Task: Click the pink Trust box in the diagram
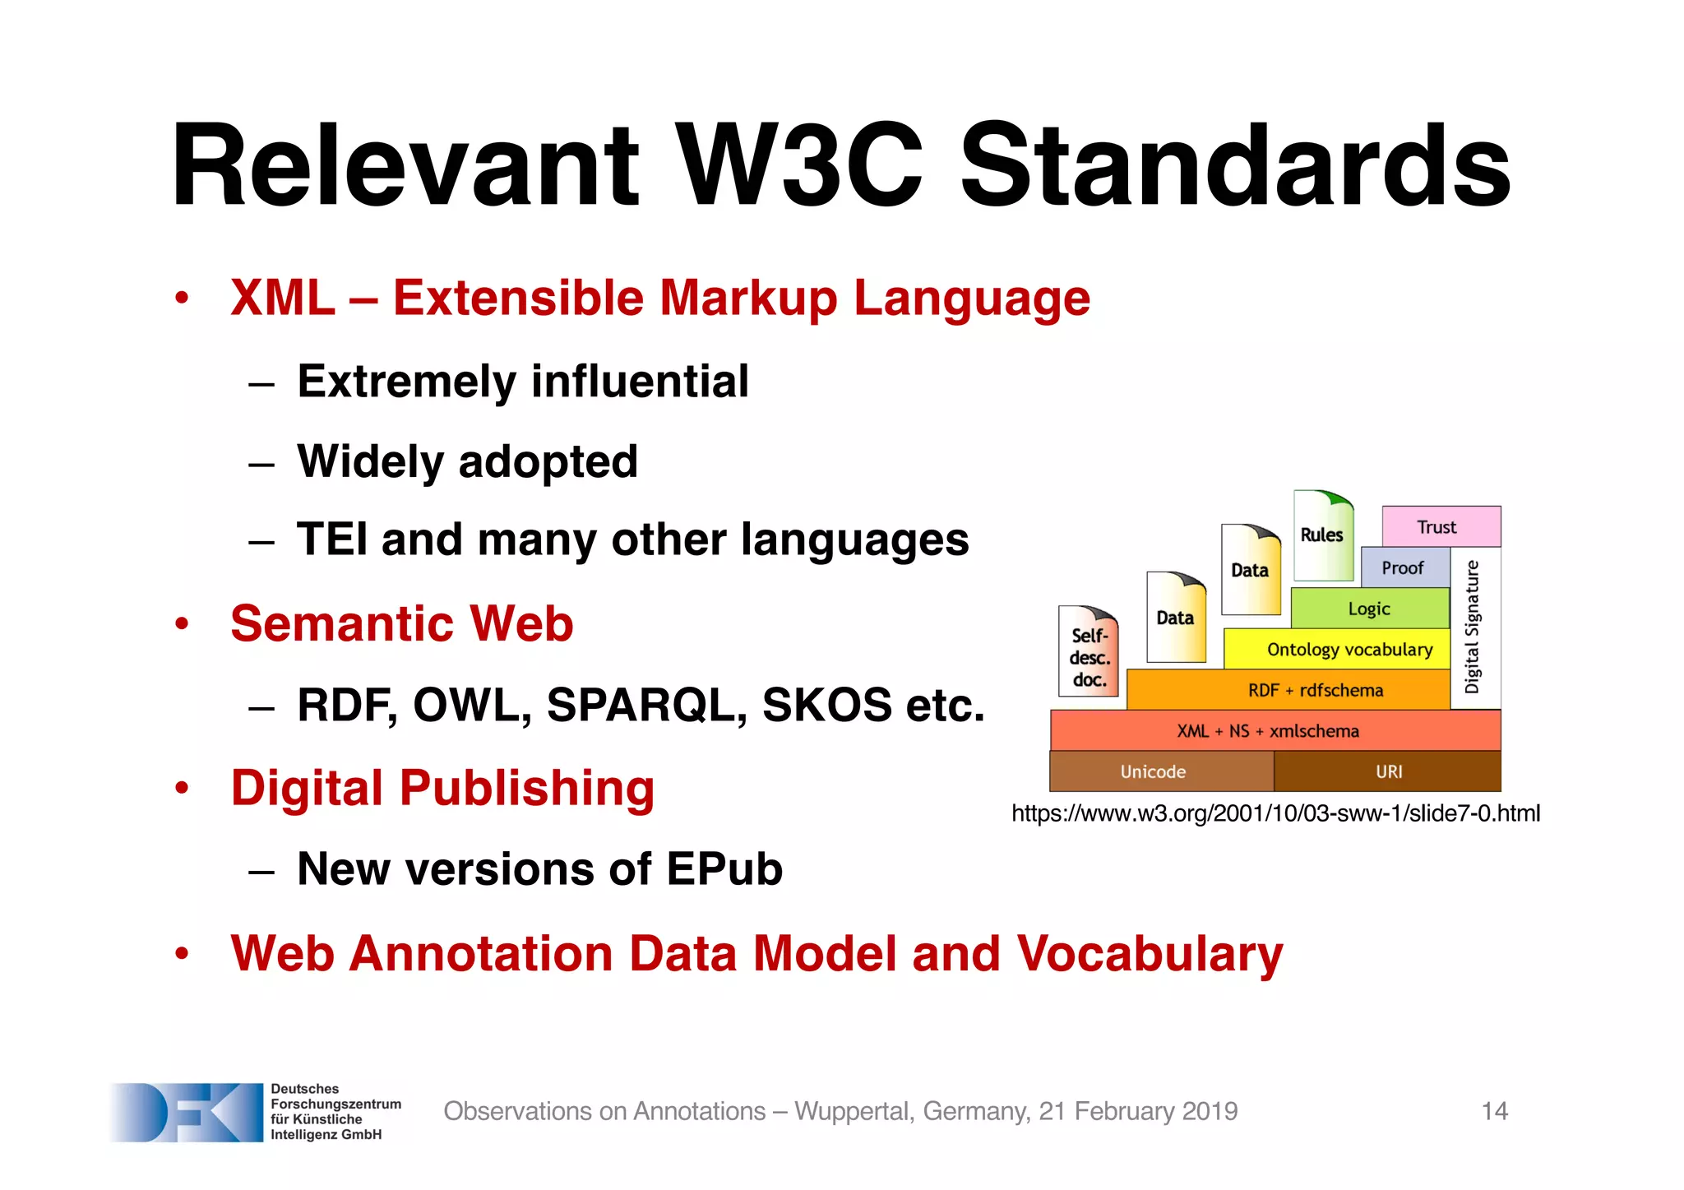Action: [x=1441, y=527]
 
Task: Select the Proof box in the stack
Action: [x=1403, y=568]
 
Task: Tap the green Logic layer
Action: [x=1369, y=609]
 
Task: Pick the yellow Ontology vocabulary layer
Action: [x=1349, y=650]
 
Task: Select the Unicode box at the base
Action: [x=1153, y=771]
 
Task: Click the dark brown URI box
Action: [x=1388, y=771]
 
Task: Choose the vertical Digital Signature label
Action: [x=1473, y=627]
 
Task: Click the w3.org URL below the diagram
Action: [x=1275, y=813]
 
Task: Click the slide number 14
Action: [x=1494, y=1111]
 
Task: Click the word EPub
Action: [x=724, y=869]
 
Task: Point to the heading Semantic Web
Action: [x=401, y=623]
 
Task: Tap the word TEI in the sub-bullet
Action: [x=333, y=540]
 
